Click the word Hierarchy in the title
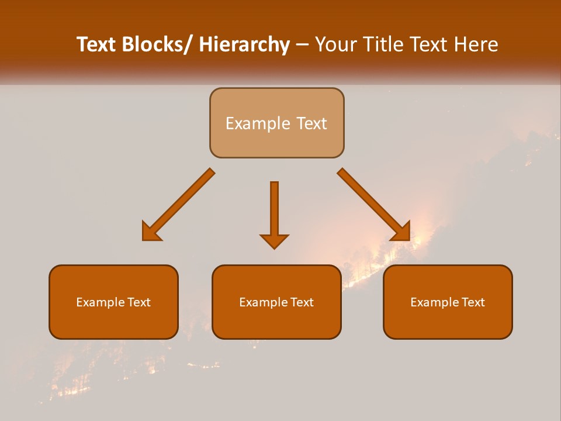(x=244, y=44)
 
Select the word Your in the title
(x=335, y=44)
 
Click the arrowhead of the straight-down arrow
(x=274, y=240)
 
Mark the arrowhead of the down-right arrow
(x=401, y=232)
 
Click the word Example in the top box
(x=250, y=123)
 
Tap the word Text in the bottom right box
(x=473, y=302)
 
